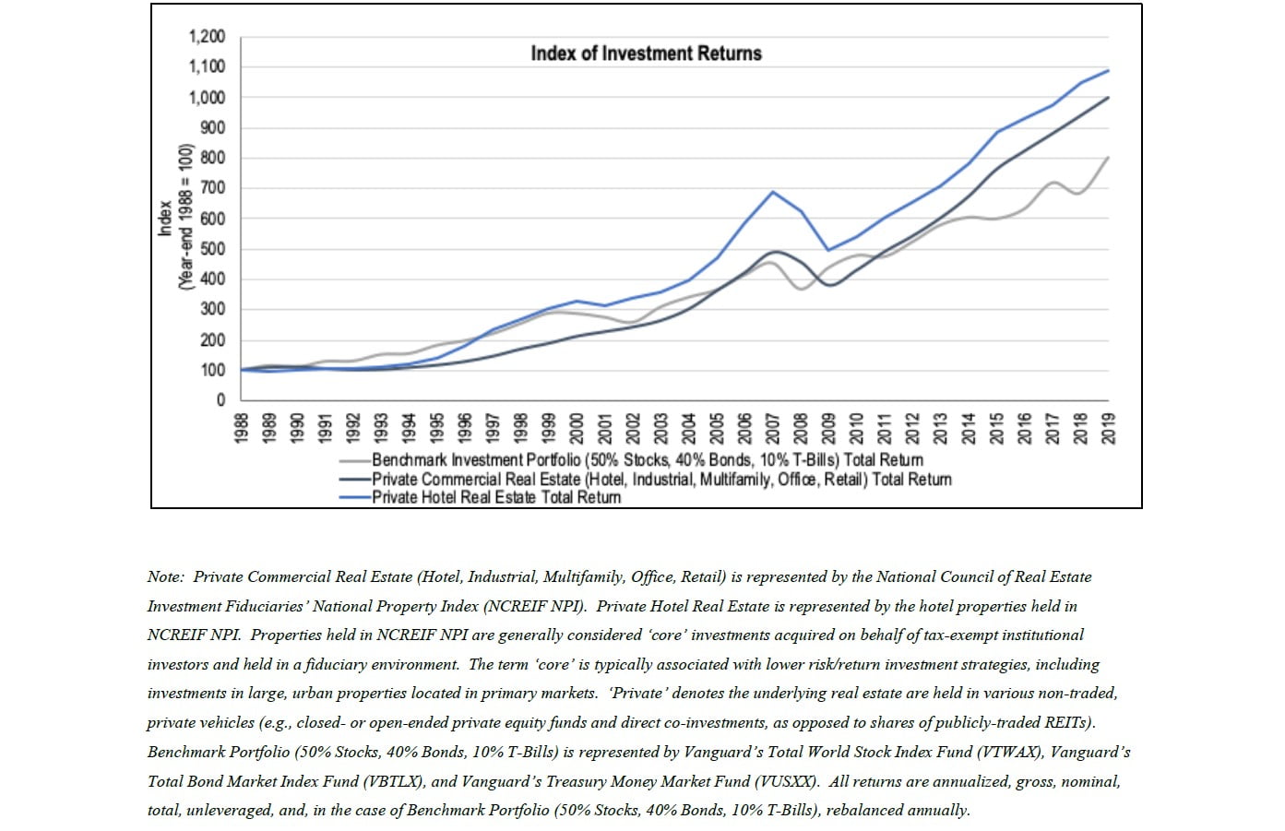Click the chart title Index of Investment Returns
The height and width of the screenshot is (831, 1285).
pos(646,53)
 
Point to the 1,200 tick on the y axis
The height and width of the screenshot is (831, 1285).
pos(207,37)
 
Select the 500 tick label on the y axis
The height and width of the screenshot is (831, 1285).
pos(213,249)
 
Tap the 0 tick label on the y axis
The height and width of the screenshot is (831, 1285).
pos(220,400)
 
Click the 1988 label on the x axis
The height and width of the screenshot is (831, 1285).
pos(242,427)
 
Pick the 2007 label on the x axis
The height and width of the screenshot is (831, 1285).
pos(773,427)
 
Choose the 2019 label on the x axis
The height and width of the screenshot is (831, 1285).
pos(1109,427)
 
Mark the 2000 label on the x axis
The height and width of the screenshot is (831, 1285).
pos(577,427)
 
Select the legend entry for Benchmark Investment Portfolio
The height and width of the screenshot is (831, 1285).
pos(647,459)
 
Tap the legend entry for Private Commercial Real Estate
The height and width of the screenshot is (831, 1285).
pos(660,479)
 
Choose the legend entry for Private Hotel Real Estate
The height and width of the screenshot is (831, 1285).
pos(495,497)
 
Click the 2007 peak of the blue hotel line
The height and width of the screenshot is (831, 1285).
pos(772,192)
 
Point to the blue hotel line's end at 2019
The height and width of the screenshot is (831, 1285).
pos(1108,70)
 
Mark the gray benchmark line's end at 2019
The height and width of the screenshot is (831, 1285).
pos(1108,157)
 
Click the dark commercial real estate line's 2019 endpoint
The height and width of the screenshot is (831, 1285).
pos(1108,97)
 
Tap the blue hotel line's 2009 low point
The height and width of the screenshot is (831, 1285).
pos(828,250)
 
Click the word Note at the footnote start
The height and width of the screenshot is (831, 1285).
pos(164,577)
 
